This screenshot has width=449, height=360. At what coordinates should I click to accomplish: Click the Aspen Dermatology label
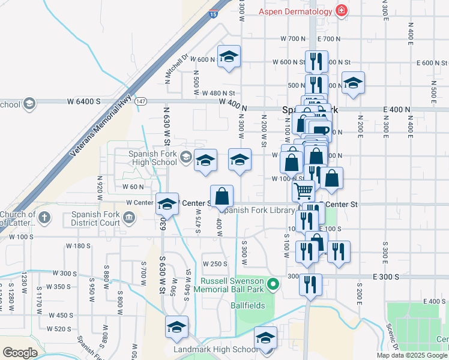[296, 11]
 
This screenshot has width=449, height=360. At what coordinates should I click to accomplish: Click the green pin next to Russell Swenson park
[274, 284]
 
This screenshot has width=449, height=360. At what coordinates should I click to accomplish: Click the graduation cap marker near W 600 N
[229, 56]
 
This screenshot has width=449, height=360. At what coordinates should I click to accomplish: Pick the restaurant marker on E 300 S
[310, 284]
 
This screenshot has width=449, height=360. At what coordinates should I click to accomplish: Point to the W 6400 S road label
[83, 101]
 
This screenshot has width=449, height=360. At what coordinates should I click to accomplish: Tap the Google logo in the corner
[20, 352]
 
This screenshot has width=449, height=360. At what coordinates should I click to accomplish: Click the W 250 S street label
[214, 264]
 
